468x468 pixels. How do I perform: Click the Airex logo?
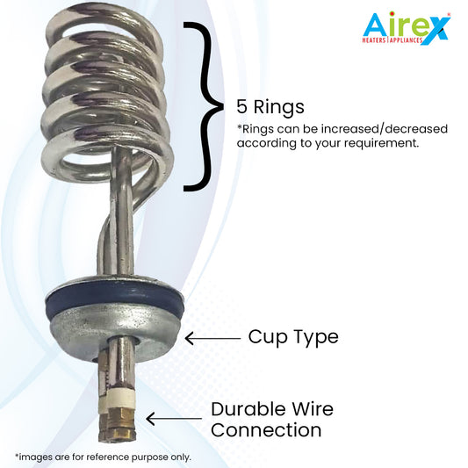point(407,28)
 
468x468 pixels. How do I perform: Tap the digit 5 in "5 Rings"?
point(241,106)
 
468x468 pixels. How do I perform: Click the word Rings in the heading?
point(278,108)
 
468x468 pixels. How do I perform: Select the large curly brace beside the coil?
point(204,106)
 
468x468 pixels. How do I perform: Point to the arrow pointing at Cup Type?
point(212,338)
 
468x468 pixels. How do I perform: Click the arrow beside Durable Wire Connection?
point(174,419)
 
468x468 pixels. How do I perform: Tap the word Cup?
point(267,338)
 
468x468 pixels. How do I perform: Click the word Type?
point(316,338)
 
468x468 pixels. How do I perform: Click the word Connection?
point(266,430)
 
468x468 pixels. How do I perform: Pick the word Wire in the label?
point(313,409)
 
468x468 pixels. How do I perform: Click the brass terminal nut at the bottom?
point(121,425)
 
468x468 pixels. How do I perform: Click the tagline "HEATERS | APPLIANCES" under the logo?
point(392,40)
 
